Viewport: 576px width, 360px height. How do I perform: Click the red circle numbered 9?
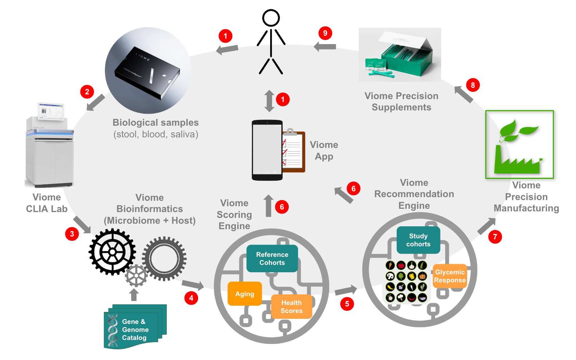(x=325, y=33)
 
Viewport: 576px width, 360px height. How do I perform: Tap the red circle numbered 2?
(x=87, y=91)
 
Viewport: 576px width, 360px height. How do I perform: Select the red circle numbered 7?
(x=495, y=237)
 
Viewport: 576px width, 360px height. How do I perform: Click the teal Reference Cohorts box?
(x=272, y=258)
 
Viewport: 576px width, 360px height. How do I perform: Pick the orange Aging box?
(x=245, y=294)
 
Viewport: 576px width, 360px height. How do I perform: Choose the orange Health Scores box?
(x=291, y=306)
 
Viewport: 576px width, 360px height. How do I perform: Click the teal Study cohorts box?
(x=418, y=240)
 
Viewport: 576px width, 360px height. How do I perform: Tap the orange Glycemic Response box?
(x=450, y=276)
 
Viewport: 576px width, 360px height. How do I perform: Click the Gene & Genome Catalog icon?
(x=135, y=327)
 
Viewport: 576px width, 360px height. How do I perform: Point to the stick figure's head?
(x=271, y=18)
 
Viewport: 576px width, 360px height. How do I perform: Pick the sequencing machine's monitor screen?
(x=51, y=110)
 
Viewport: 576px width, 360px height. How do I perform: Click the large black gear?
(x=112, y=252)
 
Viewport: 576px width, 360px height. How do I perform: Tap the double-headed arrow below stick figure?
(x=269, y=101)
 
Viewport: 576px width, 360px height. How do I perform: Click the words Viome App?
(x=324, y=150)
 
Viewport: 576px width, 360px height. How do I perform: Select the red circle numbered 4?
(x=191, y=298)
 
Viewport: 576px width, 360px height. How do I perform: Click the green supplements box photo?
(x=400, y=55)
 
